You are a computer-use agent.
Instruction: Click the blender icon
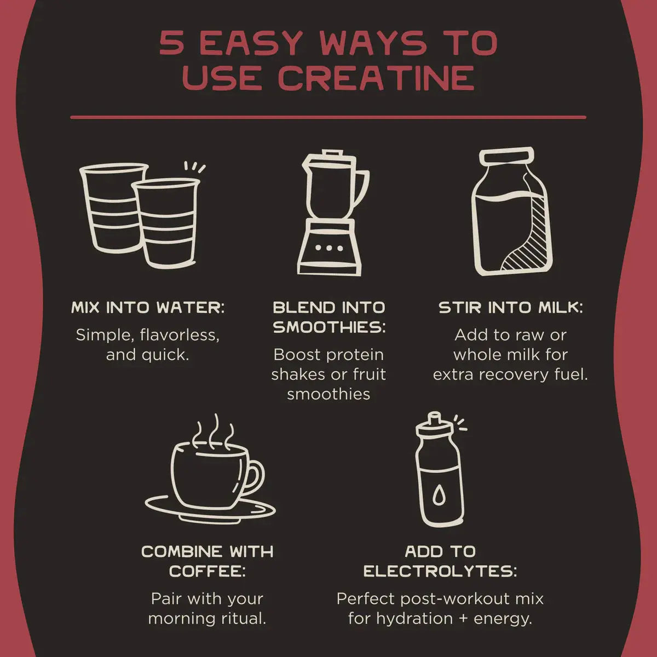click(x=333, y=213)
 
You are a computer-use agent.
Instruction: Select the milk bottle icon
click(x=511, y=211)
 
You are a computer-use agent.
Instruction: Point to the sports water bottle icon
click(x=440, y=470)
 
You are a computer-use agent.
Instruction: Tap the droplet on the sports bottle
click(x=439, y=495)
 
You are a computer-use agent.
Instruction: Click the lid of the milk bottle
click(x=506, y=156)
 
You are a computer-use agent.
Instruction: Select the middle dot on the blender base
click(x=329, y=248)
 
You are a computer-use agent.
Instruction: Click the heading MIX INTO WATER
click(x=148, y=308)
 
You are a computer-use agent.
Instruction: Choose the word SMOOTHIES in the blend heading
click(x=329, y=327)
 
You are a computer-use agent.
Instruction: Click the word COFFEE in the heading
click(x=208, y=572)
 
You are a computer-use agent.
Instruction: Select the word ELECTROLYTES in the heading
click(x=440, y=572)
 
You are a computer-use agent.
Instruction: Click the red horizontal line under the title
click(x=328, y=118)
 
